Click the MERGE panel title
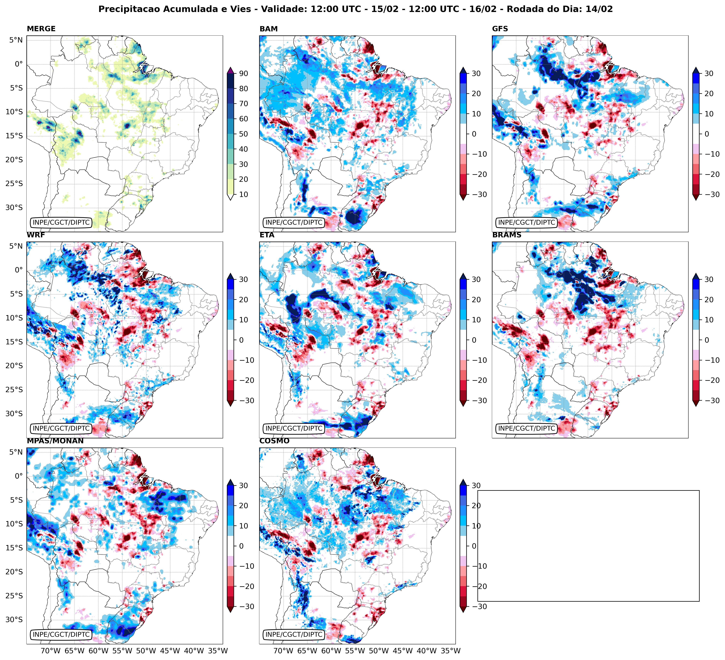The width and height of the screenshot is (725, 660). [x=41, y=29]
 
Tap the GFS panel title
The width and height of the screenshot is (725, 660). [x=500, y=29]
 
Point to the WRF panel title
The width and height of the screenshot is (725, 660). [x=36, y=235]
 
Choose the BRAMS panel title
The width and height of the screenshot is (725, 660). [x=506, y=235]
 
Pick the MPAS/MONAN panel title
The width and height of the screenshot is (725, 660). [x=55, y=441]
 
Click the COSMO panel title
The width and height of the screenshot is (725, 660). [x=274, y=441]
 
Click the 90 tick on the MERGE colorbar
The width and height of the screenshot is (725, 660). [x=243, y=73]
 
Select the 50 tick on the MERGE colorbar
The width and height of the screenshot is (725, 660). [x=243, y=134]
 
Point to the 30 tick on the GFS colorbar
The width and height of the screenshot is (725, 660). [x=708, y=73]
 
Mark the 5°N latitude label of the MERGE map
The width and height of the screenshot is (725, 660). [x=16, y=40]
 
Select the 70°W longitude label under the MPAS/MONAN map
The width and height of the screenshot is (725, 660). [x=50, y=651]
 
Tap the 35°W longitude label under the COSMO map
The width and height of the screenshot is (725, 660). [x=451, y=651]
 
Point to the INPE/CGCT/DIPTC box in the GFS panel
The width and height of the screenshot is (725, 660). [x=526, y=222]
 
